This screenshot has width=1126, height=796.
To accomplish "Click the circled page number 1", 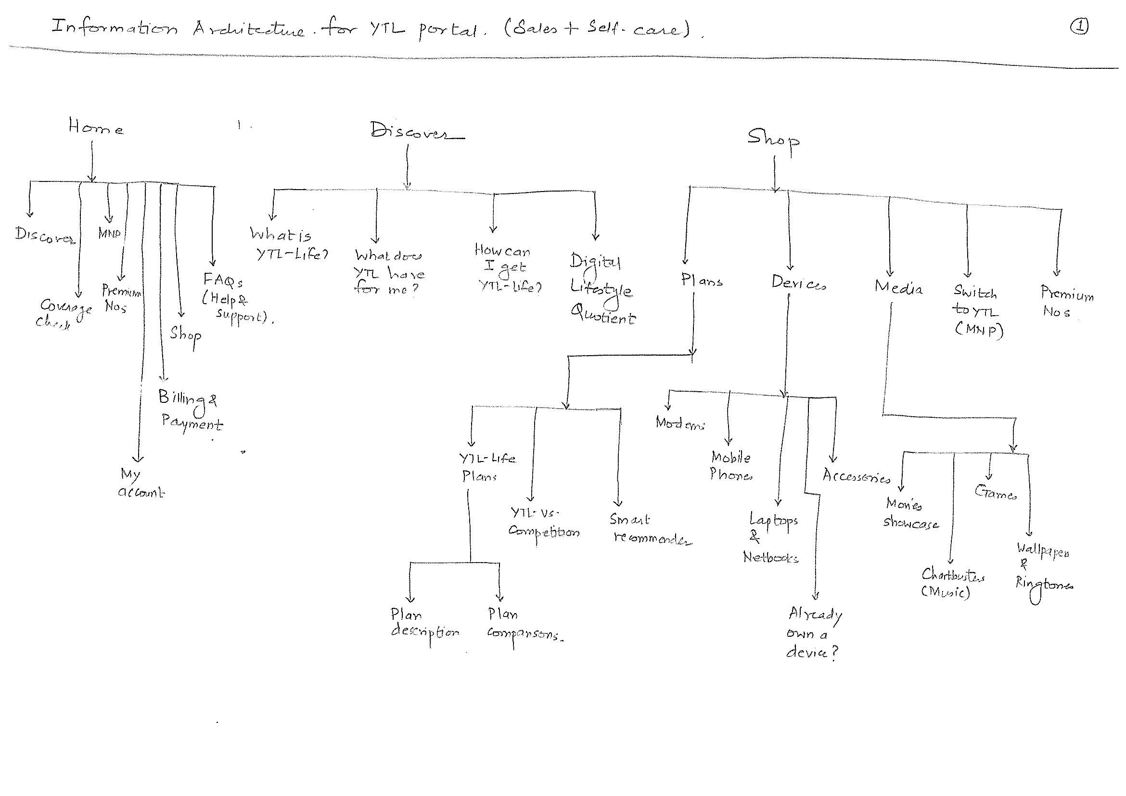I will pos(1079,26).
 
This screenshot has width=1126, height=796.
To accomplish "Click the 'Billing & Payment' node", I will pos(190,410).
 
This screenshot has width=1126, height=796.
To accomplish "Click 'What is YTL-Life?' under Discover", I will pos(288,244).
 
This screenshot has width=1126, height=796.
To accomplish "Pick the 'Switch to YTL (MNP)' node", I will pos(977,311).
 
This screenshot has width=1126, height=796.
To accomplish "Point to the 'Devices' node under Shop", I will pos(798,283).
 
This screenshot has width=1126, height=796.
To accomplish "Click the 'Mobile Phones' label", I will pos(731,466).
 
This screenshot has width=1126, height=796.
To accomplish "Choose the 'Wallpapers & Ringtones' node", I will pos(1043,568).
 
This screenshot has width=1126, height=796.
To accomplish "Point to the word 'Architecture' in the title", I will pos(248,29).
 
